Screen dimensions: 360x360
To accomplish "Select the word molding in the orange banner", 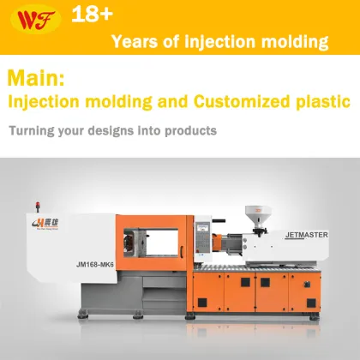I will tap(297, 41).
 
